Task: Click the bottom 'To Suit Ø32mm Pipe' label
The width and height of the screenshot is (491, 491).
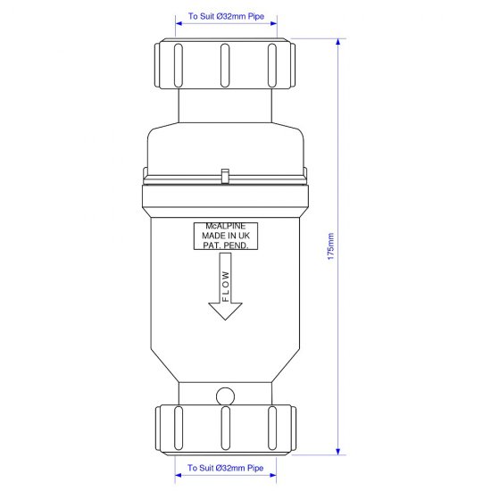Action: pos(226,468)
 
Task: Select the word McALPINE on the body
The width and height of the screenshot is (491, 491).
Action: pos(225,226)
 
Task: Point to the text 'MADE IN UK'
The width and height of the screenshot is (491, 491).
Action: pos(225,235)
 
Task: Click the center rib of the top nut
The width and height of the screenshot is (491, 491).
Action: pos(225,62)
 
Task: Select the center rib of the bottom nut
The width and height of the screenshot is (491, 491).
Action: pos(225,430)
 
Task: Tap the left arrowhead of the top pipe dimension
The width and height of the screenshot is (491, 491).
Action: pos(179,24)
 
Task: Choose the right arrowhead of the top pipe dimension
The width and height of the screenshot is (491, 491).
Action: pos(272,24)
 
